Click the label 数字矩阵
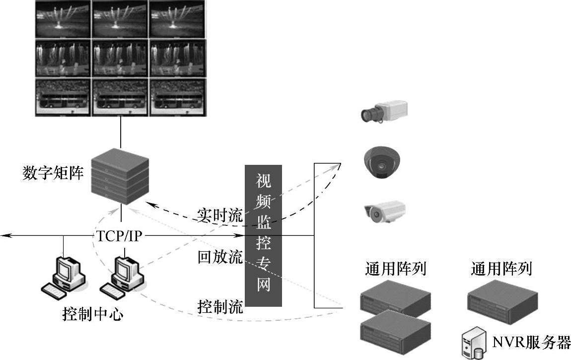click(53, 173)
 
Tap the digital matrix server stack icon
click(121, 177)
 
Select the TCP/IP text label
click(119, 235)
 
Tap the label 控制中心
click(92, 314)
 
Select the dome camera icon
click(381, 162)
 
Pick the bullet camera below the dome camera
click(384, 212)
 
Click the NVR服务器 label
click(531, 342)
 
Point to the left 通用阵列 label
click(395, 269)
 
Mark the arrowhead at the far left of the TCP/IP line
click(4, 235)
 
